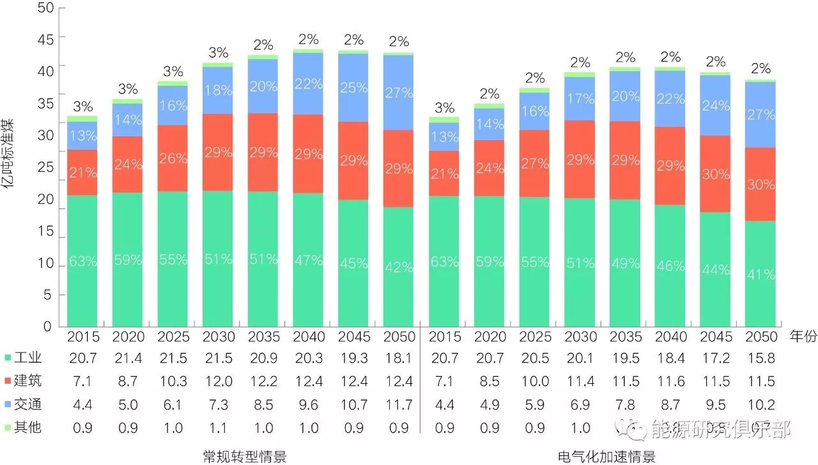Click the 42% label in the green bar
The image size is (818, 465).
[x=399, y=267]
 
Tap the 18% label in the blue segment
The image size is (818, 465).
[x=218, y=90]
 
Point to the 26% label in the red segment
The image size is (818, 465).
[x=173, y=157]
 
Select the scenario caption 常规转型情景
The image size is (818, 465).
[x=245, y=456]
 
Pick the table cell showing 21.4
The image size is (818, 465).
[x=128, y=359]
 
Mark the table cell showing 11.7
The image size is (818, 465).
[x=399, y=405]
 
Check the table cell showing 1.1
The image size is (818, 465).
[x=218, y=427]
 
